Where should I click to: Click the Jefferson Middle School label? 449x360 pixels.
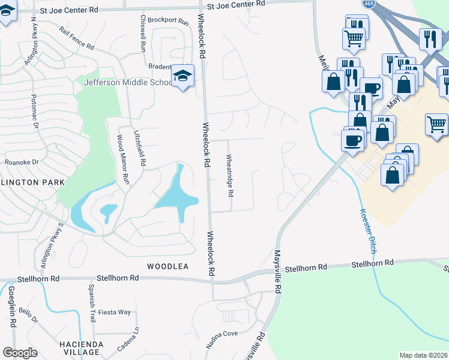pos(129,83)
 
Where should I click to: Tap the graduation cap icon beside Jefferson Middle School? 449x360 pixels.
pos(181,76)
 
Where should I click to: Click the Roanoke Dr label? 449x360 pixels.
pos(22,162)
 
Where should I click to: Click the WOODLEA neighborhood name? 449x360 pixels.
pos(168,266)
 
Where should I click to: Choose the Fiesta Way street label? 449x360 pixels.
pos(115,312)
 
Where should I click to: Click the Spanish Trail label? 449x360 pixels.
pos(92,304)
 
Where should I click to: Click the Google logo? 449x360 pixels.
pos(20,353)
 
